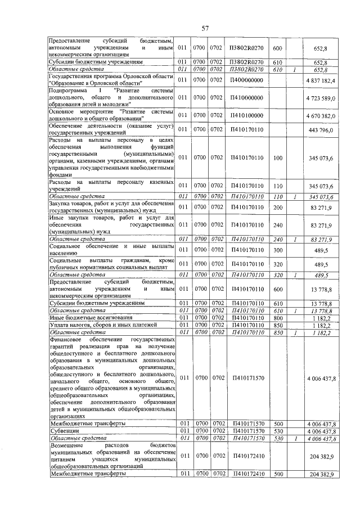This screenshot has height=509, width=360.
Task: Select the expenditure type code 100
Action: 277,157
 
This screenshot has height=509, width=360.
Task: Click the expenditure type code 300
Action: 277,250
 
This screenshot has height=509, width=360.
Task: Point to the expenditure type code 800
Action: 277,318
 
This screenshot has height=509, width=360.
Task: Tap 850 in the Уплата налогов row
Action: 277,325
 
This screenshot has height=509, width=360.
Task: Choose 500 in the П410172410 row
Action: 277,475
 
